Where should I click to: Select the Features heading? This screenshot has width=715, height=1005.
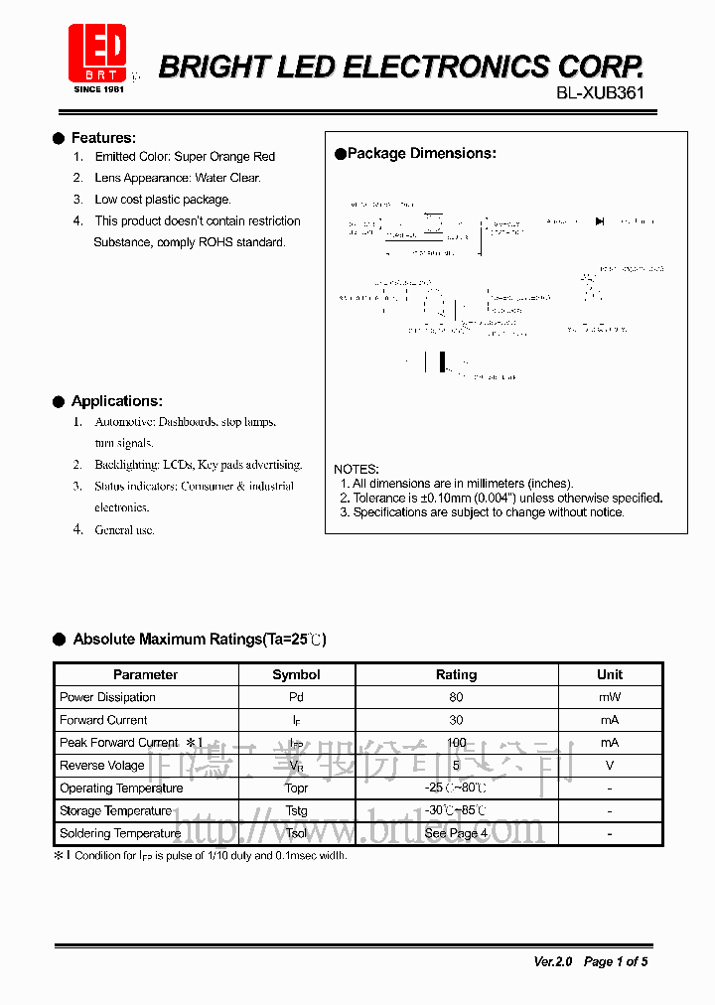coord(103,138)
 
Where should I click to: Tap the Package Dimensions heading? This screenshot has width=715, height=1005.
coord(421,153)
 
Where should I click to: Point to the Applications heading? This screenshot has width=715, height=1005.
coord(116,401)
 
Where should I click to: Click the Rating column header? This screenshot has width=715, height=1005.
coord(456,674)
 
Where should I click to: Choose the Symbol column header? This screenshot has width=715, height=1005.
coord(296,674)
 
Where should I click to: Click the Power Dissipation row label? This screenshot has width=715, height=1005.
coord(107,697)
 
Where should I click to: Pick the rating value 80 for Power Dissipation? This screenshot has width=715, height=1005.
coord(456,697)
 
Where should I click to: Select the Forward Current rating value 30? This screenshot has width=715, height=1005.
coord(456,720)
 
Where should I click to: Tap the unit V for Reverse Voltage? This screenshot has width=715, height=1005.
coord(609,766)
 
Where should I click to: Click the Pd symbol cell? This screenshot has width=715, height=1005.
coord(296,697)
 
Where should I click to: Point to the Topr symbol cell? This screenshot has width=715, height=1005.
coord(296,789)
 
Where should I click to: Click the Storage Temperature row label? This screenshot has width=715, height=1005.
coord(115,811)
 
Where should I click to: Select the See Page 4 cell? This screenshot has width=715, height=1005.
coord(456,834)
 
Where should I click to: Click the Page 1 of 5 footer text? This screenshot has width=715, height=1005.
coord(616,961)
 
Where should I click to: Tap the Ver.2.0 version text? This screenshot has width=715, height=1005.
coord(552,961)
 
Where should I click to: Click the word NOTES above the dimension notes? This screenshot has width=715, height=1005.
coord(357,469)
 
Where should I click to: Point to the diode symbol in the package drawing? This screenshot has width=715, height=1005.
coord(600,221)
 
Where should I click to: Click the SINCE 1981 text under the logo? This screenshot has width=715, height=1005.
coord(99,89)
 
